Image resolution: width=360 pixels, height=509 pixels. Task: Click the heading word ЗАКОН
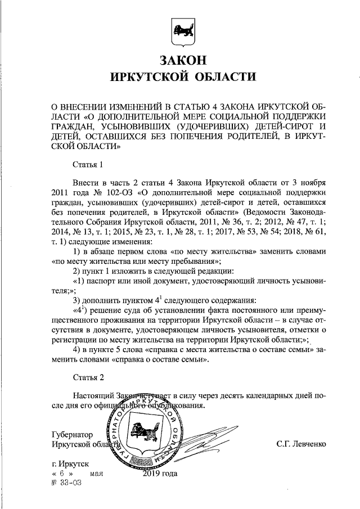[180, 59]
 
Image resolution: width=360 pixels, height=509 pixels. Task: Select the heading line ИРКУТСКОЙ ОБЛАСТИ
[180, 77]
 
